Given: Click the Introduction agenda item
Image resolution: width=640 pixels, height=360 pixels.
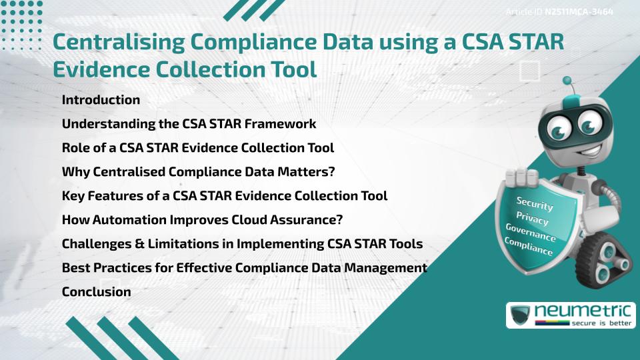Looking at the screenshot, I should point(101,100).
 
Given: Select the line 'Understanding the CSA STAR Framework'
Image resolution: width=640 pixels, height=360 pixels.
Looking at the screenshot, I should point(189,124).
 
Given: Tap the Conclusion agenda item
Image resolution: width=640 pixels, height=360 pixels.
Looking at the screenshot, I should point(96,291).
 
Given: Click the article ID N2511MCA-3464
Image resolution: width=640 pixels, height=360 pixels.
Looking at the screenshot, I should point(579,12).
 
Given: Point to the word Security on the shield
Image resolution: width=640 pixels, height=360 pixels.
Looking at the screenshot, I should point(535,203).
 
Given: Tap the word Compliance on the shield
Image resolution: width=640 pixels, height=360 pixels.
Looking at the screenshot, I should point(529,247).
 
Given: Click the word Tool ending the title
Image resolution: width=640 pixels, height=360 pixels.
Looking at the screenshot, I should point(290,69).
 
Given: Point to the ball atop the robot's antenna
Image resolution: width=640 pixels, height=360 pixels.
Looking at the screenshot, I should point(567,81).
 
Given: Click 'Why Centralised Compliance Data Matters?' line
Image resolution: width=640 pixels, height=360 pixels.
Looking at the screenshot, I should point(198,172).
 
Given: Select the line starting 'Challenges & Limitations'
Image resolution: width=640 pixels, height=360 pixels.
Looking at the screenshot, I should point(242,243).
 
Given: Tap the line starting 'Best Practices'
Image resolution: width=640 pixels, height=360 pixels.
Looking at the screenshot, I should point(244,267).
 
